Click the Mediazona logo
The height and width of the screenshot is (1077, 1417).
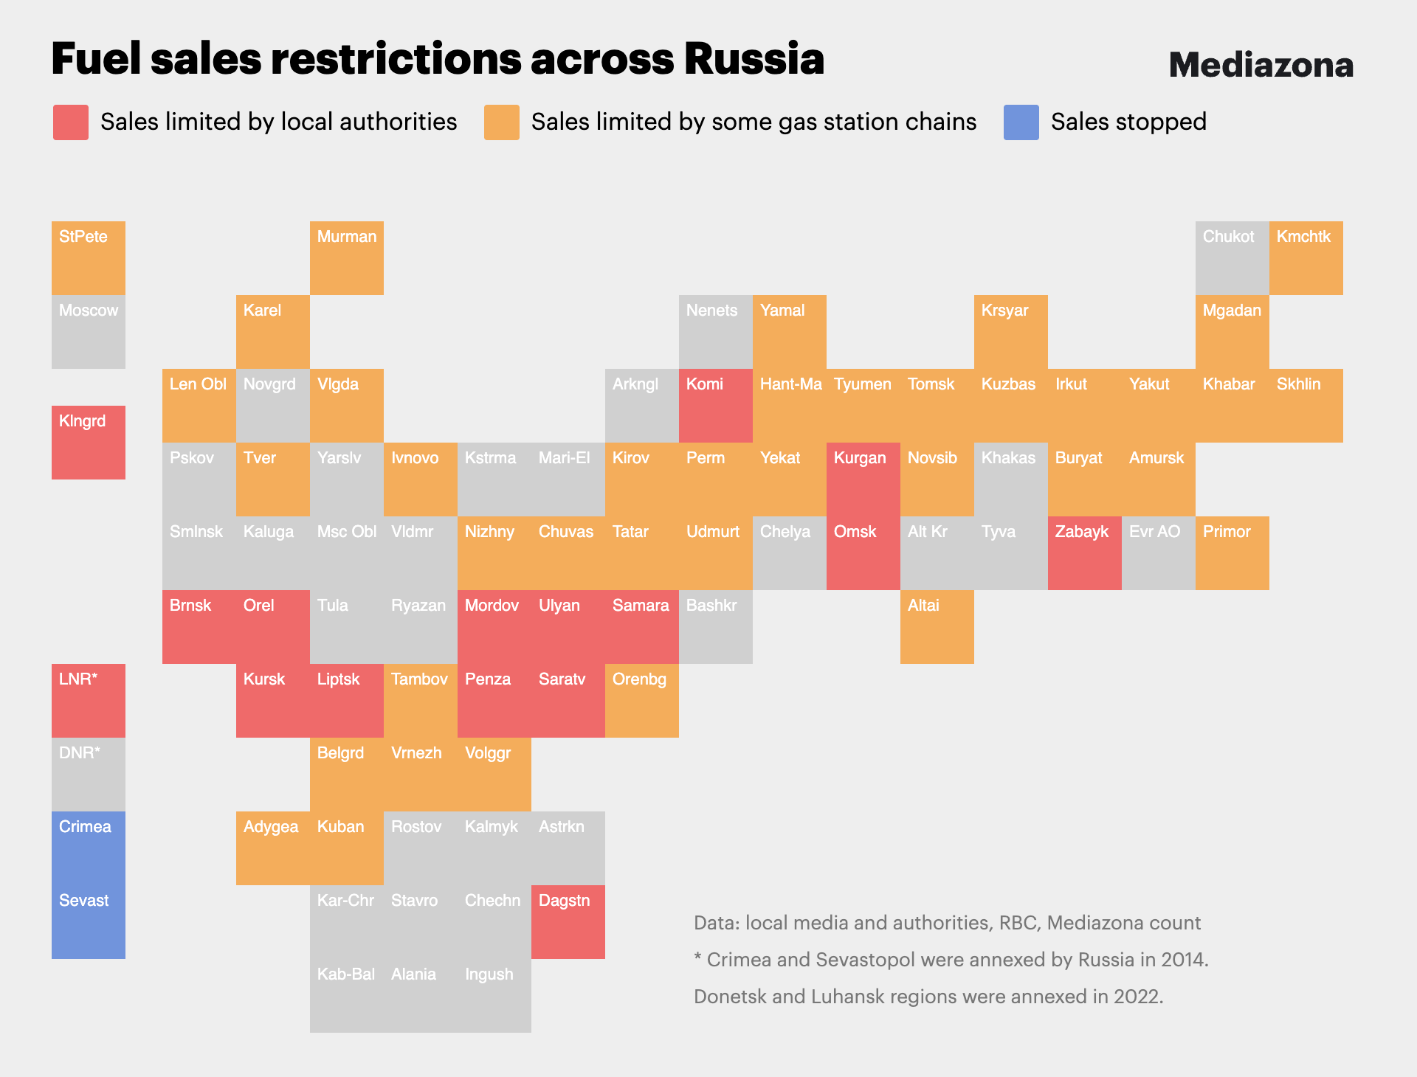[1261, 65]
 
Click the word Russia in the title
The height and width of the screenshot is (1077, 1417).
[754, 59]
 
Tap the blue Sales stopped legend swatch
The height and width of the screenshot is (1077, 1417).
[1021, 122]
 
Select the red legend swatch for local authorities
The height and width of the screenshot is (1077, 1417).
[71, 122]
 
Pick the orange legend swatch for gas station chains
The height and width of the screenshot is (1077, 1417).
[502, 122]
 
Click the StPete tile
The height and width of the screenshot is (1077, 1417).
[89, 258]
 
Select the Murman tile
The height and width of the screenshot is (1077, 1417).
[347, 258]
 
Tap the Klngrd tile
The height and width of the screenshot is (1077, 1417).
[89, 443]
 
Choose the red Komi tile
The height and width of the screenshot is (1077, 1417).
[716, 406]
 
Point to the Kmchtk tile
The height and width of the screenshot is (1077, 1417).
[1306, 258]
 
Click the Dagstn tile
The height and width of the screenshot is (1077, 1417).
[568, 922]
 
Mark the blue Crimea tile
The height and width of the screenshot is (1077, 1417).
[89, 848]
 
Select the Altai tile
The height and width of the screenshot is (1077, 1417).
[937, 627]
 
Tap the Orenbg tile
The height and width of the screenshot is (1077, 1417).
[642, 701]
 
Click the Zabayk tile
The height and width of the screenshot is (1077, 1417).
[1085, 553]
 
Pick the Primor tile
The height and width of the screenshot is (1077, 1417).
[1232, 553]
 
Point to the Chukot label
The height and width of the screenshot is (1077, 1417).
[1228, 237]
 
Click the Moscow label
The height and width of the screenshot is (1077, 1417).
[89, 311]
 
